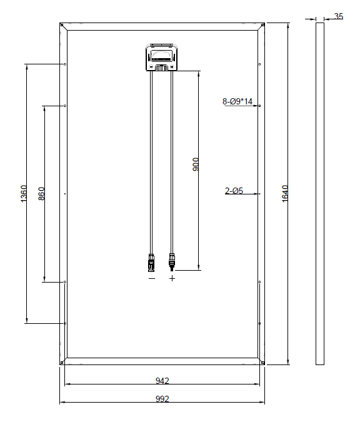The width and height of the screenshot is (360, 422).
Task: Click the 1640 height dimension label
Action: click(285, 194)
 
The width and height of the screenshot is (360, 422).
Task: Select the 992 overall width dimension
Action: click(162, 399)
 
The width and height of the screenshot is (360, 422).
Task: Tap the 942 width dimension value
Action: click(162, 381)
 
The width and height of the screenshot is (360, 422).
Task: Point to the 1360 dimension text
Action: click(24, 194)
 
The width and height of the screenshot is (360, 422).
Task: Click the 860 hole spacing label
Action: click(41, 194)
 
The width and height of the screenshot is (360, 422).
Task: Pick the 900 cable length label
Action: click(196, 164)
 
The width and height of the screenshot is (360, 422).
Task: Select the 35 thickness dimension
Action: click(339, 16)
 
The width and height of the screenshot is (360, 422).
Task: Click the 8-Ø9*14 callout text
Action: click(237, 101)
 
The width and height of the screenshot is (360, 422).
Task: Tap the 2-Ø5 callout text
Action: click(234, 191)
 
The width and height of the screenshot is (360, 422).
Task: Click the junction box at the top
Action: click(162, 58)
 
